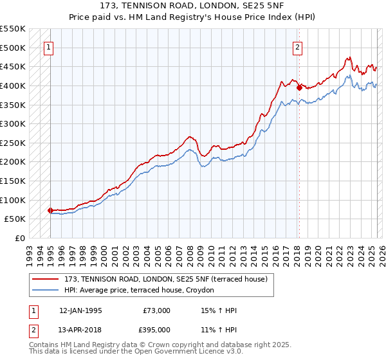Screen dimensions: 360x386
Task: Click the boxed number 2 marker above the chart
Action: point(299,47)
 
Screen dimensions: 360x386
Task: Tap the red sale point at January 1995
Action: point(50,210)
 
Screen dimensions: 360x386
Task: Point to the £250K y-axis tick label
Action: point(14,143)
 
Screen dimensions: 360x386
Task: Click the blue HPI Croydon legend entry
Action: point(142,291)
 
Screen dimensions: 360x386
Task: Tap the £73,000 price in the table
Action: point(157,310)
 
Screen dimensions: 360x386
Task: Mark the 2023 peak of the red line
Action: point(348,57)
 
